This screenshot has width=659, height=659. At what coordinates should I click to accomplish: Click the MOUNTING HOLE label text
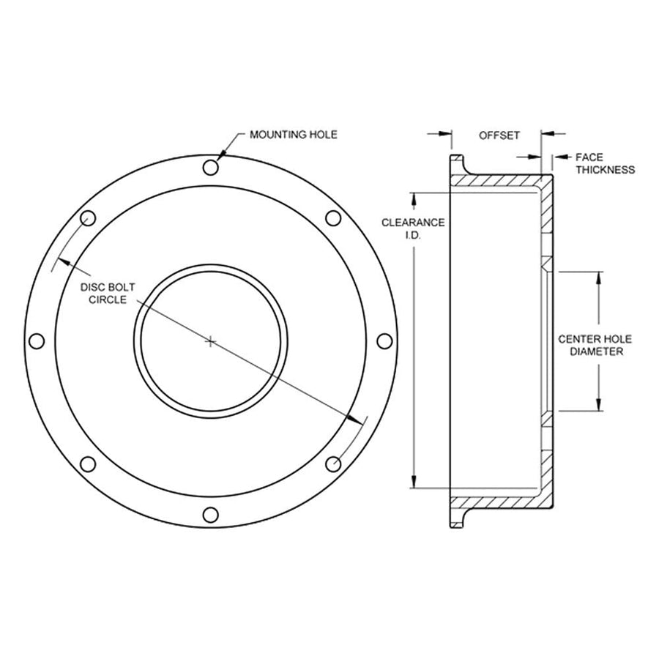click(x=294, y=135)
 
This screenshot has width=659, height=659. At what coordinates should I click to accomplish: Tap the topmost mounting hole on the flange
click(x=211, y=167)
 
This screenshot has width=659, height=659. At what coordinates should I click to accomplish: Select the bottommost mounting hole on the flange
click(x=211, y=515)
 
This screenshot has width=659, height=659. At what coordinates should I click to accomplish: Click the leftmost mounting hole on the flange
click(x=37, y=340)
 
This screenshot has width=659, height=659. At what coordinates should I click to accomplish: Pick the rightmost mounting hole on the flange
click(x=384, y=340)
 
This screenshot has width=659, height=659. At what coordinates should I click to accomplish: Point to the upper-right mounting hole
click(x=333, y=218)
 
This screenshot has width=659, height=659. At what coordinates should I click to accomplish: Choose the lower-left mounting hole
click(x=88, y=464)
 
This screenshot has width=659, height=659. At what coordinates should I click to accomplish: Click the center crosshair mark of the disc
click(x=211, y=341)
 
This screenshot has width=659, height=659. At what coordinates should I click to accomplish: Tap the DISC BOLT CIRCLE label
click(x=108, y=294)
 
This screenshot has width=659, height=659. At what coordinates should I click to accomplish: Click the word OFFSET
click(x=499, y=135)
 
